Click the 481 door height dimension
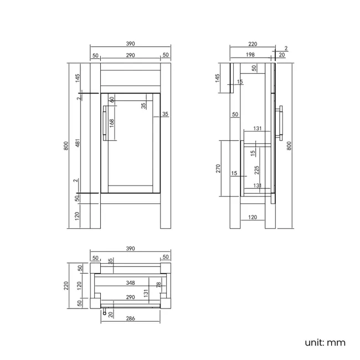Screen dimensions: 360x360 [78, 143]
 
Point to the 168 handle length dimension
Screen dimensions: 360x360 [111, 124]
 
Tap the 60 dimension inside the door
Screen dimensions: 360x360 [112, 99]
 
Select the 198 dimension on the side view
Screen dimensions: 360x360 [250, 55]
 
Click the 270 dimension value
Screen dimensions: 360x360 [218, 168]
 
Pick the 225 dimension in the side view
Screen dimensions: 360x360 [256, 170]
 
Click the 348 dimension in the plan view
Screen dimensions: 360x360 [130, 283]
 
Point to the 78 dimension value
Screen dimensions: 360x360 [158, 285]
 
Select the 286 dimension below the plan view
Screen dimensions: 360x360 [130, 318]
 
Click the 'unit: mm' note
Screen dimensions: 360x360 [325, 342]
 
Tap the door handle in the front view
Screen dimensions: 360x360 [105, 123]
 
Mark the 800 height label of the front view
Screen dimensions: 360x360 [66, 146]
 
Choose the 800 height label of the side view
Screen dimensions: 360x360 [289, 146]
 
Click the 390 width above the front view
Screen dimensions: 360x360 [130, 44]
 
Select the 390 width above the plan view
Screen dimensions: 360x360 [130, 249]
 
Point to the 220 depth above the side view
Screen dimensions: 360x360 [253, 44]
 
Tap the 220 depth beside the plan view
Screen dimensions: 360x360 [66, 286]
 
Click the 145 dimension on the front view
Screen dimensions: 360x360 [78, 78]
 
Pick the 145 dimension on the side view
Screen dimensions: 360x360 [218, 78]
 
